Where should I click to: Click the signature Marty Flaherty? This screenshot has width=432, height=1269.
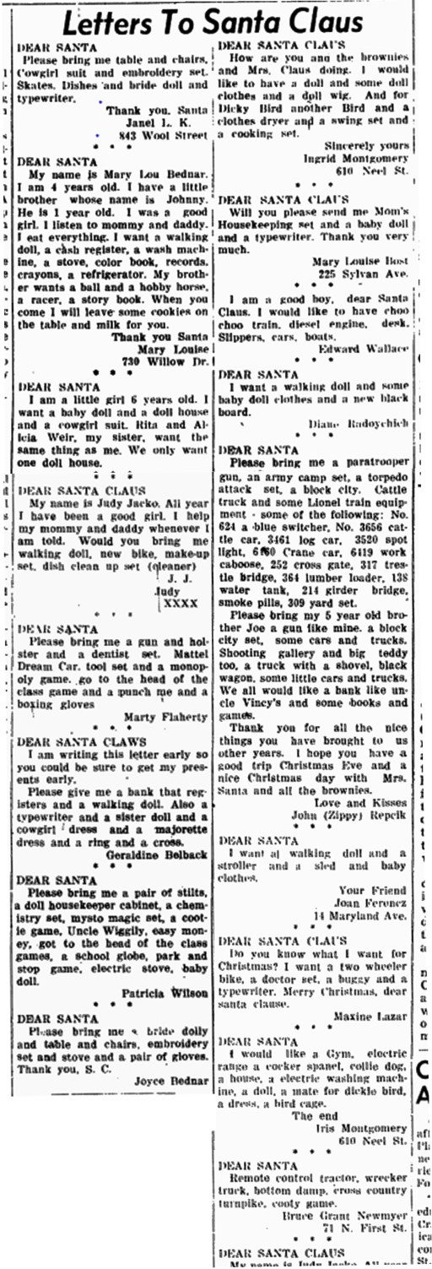165,719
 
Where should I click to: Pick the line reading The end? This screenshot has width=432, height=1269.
314,1115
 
